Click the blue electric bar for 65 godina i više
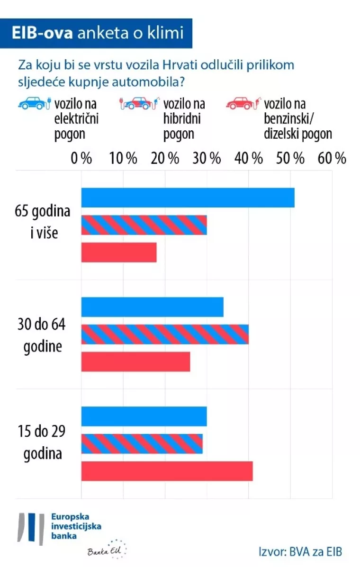point(188,198)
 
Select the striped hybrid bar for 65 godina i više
point(144,225)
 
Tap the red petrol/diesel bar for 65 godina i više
point(119,252)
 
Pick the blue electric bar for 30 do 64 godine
point(152,307)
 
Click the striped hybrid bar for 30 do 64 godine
point(165,334)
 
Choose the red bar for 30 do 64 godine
point(135,362)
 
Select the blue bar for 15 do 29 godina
point(144,416)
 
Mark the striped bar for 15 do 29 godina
point(142,444)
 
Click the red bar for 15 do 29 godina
point(167,471)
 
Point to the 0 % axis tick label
point(81,158)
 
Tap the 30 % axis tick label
point(207,158)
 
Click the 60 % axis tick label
point(332,158)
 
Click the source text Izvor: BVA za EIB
point(300,552)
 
